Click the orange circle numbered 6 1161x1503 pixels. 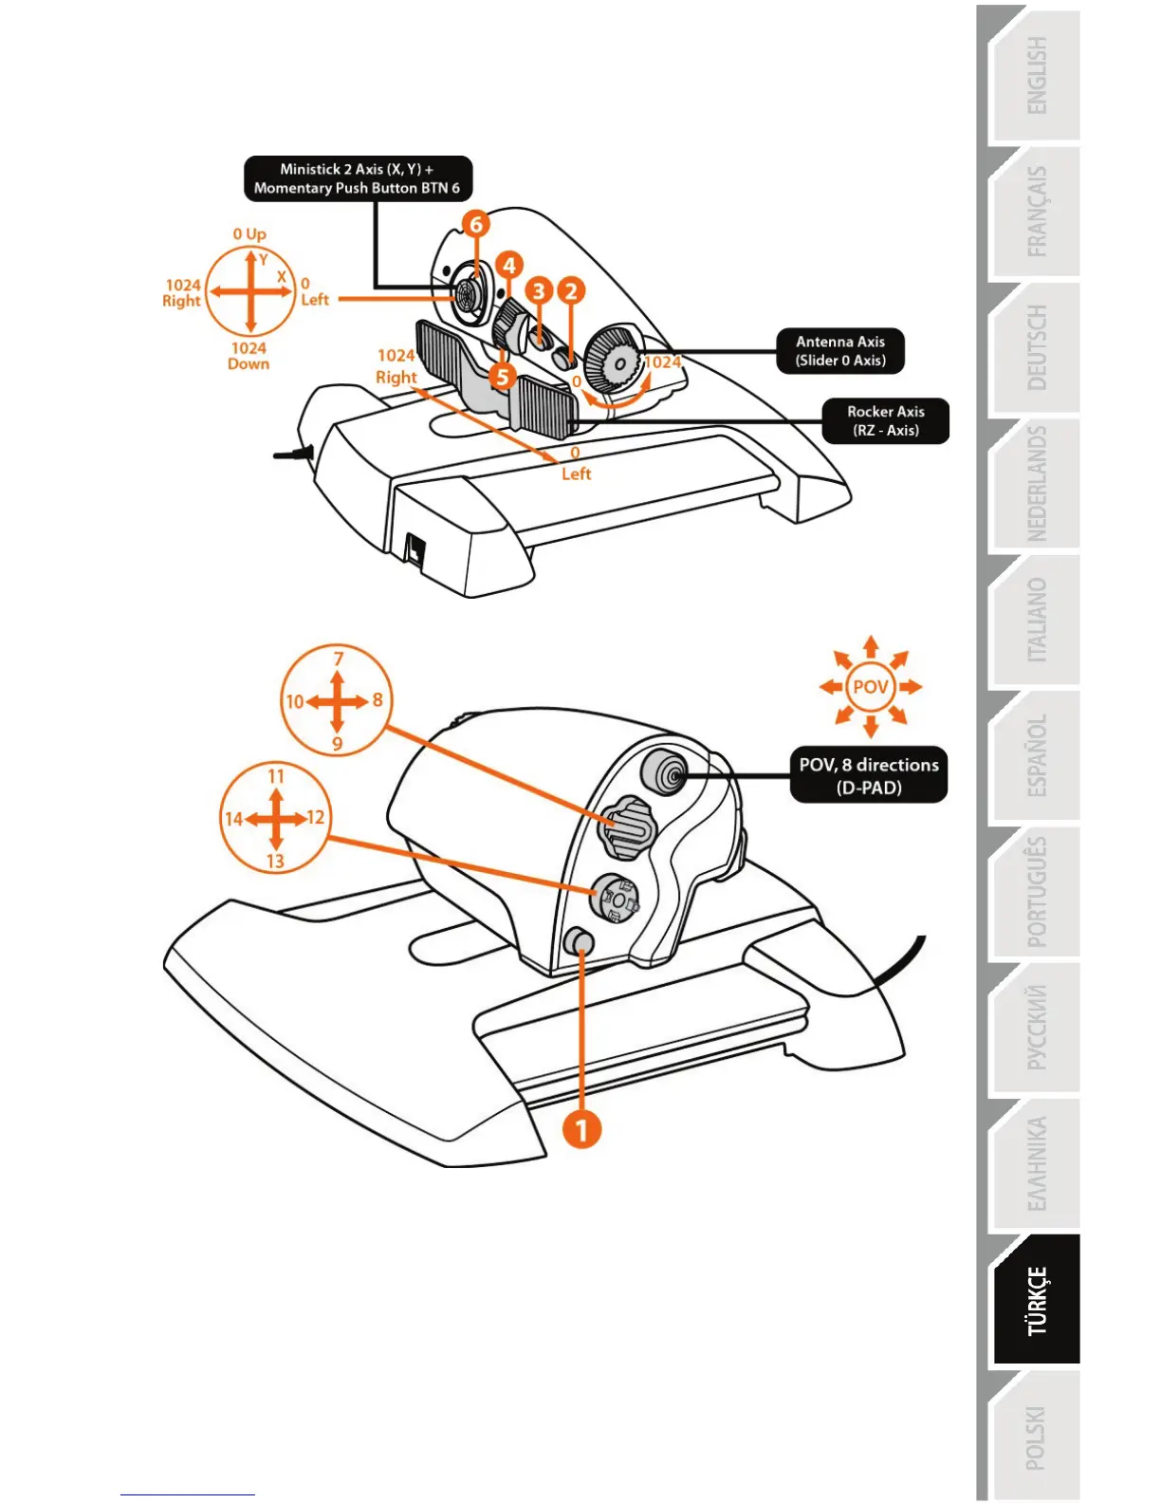476,224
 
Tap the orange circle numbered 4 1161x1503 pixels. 509,265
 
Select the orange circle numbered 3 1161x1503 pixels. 539,290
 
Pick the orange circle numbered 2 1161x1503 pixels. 570,290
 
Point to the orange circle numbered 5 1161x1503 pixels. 502,376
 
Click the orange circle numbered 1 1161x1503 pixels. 581,1129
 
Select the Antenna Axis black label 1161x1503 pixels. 839,351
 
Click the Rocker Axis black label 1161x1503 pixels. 885,420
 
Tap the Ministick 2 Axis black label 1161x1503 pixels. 358,178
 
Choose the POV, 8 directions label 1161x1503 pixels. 868,775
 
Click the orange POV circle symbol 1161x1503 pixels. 870,686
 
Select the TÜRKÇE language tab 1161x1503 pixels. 1036,1301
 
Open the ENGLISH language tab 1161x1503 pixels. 1036,76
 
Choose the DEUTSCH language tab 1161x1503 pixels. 1036,347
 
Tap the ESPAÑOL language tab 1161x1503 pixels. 1036,756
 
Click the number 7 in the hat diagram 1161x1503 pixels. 338,659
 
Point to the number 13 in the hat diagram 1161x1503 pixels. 275,861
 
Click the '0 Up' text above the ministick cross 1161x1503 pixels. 249,233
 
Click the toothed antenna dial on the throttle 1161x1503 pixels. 611,359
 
